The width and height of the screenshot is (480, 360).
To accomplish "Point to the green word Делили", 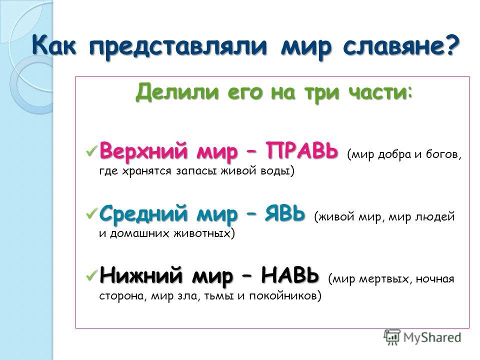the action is [177, 92].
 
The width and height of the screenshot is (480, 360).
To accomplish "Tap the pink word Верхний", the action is [143, 151].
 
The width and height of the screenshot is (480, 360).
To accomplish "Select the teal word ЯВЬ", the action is [285, 213].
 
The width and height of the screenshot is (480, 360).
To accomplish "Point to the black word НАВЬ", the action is [290, 275].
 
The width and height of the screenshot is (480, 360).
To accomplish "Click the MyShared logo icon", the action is [392, 337].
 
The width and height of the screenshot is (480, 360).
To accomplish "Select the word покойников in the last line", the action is [285, 296].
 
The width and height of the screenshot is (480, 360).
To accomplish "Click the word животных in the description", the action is [204, 233].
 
